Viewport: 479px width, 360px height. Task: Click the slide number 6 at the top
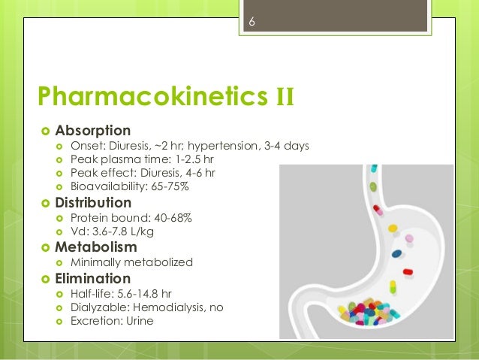click(x=252, y=23)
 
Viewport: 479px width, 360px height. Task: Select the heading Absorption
click(x=92, y=130)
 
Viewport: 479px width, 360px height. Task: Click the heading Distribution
click(x=93, y=203)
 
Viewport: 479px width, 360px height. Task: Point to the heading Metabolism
click(x=95, y=247)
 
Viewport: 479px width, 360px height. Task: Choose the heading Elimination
click(x=92, y=278)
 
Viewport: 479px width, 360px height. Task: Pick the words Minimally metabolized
click(x=131, y=262)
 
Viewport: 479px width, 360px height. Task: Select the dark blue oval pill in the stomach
click(x=396, y=253)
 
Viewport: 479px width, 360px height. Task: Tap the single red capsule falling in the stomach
click(x=407, y=271)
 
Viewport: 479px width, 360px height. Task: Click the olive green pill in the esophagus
click(x=373, y=186)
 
